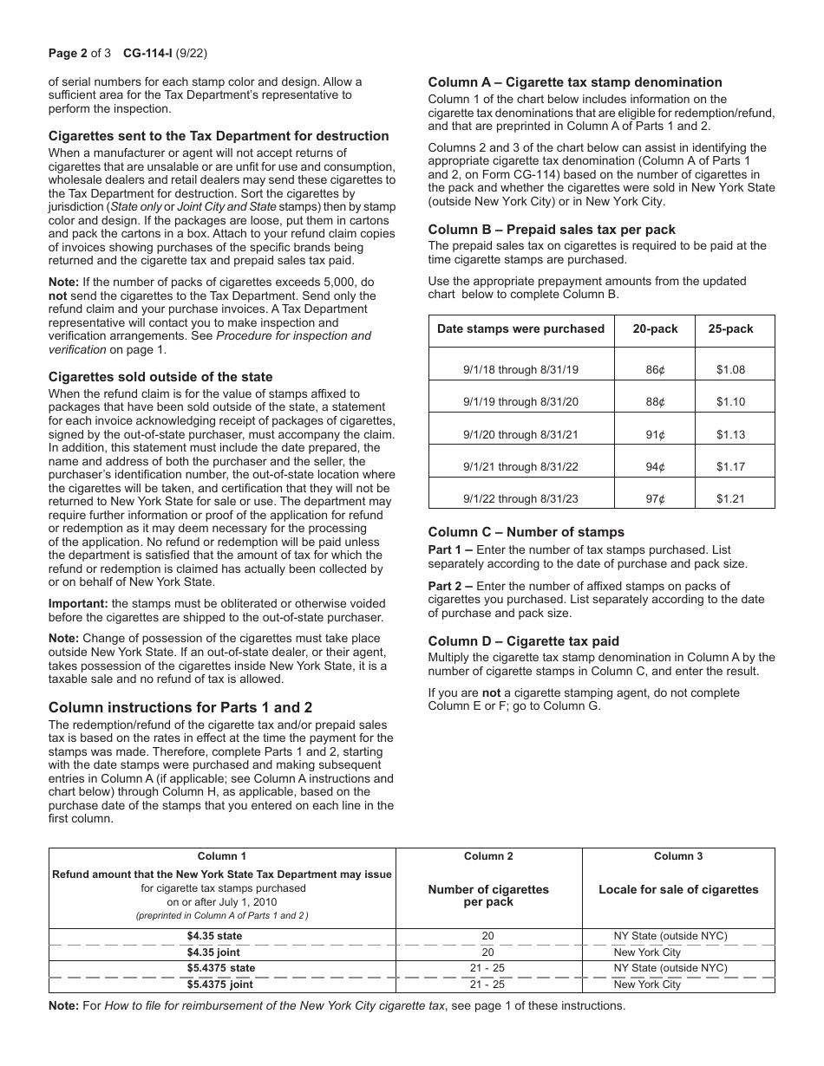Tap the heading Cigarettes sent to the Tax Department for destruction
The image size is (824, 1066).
219,136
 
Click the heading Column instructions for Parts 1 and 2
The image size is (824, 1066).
180,707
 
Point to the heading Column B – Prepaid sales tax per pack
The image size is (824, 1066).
552,230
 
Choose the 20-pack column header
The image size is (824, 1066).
655,329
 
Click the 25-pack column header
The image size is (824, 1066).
731,329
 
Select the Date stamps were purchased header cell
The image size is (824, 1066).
520,329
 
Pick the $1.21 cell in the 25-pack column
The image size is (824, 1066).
731,499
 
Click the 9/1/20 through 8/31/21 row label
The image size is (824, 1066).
520,435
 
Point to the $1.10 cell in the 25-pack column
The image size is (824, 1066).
731,402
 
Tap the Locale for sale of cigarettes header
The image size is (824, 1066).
678,890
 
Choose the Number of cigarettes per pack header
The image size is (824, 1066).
489,896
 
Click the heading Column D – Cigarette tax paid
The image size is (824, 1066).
524,641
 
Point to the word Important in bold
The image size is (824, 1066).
77,604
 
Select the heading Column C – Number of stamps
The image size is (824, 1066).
526,532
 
